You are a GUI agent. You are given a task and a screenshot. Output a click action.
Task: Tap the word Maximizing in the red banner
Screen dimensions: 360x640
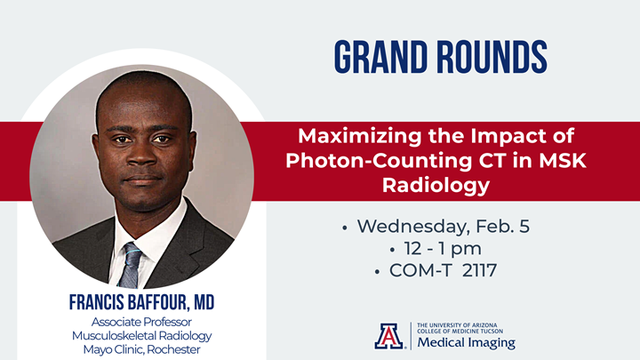(x=356, y=138)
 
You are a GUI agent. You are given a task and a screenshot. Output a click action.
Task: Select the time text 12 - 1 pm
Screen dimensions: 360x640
(x=443, y=248)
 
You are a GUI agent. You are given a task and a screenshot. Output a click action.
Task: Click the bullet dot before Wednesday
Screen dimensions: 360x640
(x=345, y=228)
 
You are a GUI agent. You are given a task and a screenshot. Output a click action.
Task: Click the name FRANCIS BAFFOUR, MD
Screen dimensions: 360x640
(x=141, y=303)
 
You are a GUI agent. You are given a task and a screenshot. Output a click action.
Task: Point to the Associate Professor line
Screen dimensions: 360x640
(x=141, y=320)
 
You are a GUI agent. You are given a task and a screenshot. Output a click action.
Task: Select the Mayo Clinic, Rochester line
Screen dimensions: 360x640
(x=141, y=348)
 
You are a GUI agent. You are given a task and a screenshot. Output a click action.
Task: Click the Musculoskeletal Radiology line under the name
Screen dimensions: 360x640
(x=141, y=334)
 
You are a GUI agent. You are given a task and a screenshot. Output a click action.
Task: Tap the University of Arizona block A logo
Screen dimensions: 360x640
(x=388, y=335)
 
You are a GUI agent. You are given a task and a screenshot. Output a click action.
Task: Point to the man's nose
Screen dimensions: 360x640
(x=141, y=152)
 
